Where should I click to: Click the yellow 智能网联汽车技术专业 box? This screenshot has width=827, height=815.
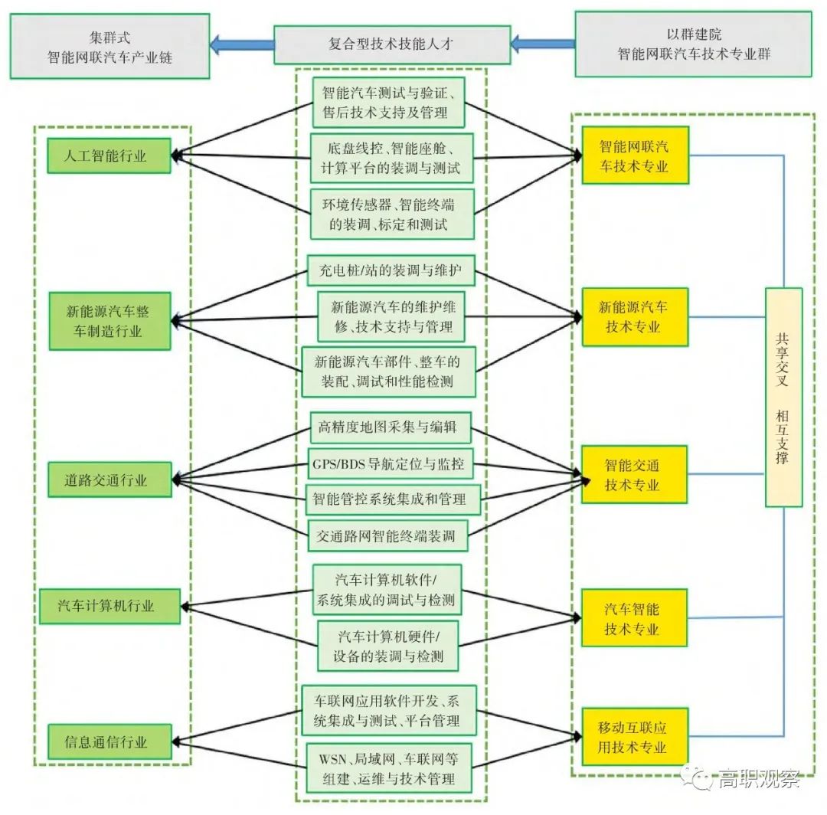(x=635, y=155)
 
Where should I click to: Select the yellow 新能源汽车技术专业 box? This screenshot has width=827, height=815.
(x=635, y=316)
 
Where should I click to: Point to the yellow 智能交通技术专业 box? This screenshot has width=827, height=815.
(x=635, y=475)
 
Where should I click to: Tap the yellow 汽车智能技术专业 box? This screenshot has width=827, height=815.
(x=635, y=618)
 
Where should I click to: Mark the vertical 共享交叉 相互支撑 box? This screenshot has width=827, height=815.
(x=783, y=397)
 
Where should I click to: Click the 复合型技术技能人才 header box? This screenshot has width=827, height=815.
(x=392, y=44)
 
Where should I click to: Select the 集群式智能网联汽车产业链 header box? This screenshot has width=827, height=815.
(x=110, y=46)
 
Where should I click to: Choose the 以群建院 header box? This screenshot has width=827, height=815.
(x=693, y=44)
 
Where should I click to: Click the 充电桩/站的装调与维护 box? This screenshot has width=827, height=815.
(x=391, y=270)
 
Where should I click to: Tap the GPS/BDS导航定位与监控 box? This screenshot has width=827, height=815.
(x=391, y=463)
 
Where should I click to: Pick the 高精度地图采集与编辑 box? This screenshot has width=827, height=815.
(x=391, y=427)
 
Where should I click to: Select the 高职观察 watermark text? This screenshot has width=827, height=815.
(x=758, y=780)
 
